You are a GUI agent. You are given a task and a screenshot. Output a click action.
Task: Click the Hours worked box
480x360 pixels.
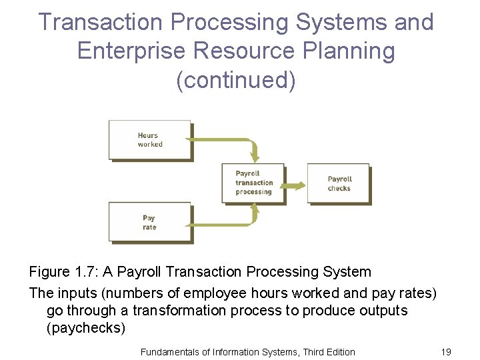150,140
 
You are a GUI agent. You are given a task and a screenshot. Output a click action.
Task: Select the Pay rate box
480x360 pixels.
150,223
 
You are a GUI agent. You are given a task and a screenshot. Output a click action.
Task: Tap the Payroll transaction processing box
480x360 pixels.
253,183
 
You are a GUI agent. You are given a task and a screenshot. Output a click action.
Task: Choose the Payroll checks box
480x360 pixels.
338,183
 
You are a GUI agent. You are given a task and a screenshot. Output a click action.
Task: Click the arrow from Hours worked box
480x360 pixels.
227,141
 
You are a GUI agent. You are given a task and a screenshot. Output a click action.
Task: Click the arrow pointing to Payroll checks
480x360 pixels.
294,184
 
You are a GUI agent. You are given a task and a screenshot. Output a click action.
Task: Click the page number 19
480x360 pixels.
446,351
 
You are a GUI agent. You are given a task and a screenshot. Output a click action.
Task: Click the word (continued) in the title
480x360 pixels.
235,79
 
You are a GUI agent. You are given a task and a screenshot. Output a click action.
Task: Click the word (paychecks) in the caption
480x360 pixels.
86,329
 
